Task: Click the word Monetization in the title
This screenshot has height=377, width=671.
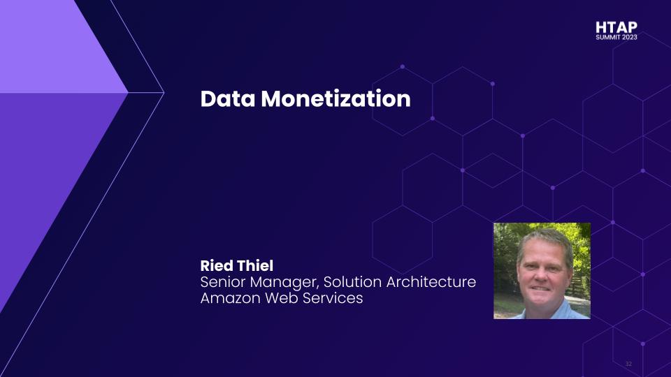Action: click(335, 99)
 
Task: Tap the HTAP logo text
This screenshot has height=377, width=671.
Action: click(616, 27)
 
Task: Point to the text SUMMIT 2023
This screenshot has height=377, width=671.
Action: click(616, 38)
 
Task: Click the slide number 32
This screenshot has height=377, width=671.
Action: click(628, 364)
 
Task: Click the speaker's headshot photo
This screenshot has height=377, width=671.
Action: click(542, 271)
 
